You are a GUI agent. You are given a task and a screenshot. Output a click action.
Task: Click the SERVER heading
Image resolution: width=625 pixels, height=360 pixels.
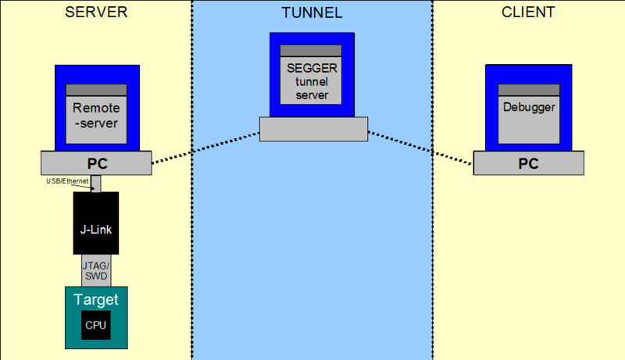pyautogui.click(x=96, y=12)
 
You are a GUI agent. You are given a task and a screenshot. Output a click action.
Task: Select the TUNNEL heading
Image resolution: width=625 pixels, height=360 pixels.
pyautogui.click(x=312, y=12)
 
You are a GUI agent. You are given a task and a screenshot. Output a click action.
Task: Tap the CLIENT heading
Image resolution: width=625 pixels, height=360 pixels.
pyautogui.click(x=528, y=12)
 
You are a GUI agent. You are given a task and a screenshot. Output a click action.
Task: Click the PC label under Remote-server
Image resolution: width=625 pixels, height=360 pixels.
pyautogui.click(x=96, y=164)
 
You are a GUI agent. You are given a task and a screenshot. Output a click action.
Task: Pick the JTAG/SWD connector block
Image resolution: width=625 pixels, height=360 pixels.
pyautogui.click(x=96, y=270)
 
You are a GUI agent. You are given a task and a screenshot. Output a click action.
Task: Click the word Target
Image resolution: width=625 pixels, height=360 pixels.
pyautogui.click(x=95, y=299)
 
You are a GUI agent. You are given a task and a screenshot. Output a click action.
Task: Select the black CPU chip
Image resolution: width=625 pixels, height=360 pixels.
pyautogui.click(x=95, y=325)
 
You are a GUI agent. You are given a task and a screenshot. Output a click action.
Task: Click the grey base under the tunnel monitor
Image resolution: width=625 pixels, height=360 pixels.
pyautogui.click(x=312, y=129)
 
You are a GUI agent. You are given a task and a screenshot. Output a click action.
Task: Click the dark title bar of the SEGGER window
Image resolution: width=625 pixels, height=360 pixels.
pyautogui.click(x=312, y=51)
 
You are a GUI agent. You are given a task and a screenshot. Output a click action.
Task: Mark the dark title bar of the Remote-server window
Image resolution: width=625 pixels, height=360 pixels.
pyautogui.click(x=96, y=89)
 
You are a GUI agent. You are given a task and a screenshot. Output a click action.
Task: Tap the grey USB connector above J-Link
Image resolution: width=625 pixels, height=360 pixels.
pyautogui.click(x=96, y=184)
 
